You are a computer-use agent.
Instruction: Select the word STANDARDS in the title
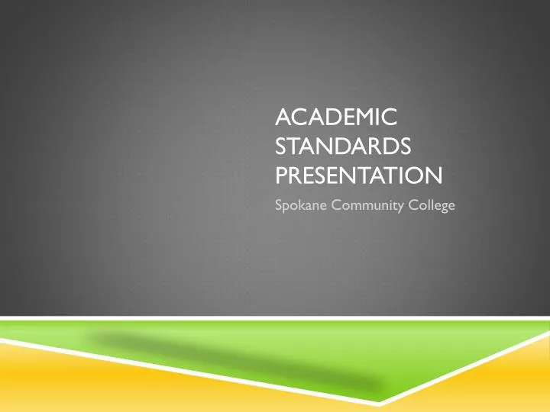(342, 146)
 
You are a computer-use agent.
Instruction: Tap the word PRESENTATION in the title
(357, 177)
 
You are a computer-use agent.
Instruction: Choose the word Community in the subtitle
(361, 203)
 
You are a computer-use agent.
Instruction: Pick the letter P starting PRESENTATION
(280, 177)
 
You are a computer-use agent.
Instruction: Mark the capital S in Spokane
(278, 203)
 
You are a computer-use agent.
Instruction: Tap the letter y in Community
(399, 204)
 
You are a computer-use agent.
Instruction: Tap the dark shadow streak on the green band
(229, 359)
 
